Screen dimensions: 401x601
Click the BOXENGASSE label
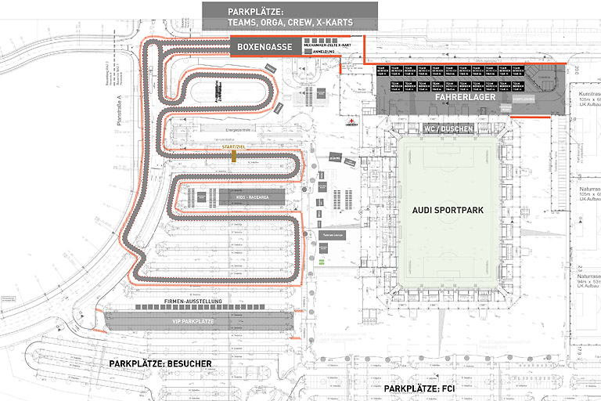tap(265, 48)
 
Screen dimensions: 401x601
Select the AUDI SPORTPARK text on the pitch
tap(448, 211)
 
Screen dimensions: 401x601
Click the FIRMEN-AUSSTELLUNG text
tap(193, 302)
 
